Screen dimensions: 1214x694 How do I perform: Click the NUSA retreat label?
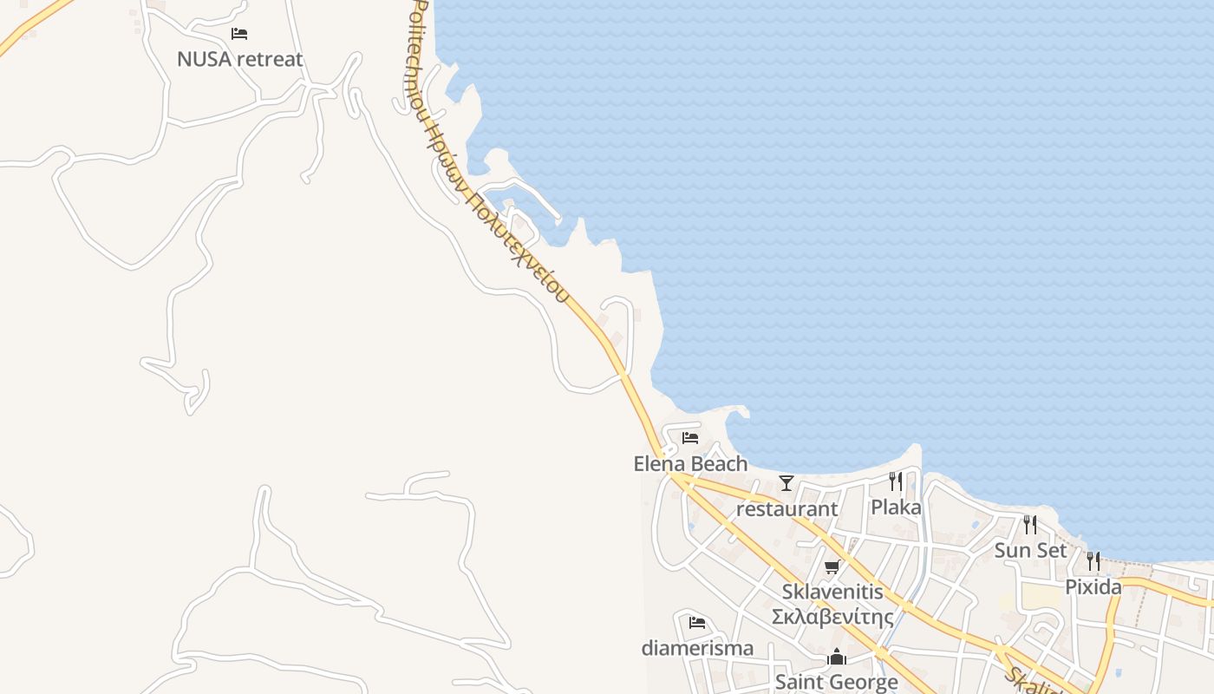240,59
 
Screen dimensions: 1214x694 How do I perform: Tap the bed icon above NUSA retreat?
239,34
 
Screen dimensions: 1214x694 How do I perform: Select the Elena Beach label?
690,463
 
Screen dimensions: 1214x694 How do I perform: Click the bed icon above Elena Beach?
690,437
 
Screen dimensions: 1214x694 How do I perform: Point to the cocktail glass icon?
786,483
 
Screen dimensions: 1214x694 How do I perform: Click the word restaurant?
786,508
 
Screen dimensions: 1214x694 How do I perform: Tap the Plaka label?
896,507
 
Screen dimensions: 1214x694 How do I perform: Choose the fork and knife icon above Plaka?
896,481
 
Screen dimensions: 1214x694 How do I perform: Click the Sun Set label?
1030,550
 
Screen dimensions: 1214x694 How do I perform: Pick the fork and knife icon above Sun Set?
1030,524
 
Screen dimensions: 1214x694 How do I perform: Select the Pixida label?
1093,586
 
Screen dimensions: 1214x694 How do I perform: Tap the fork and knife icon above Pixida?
1093,561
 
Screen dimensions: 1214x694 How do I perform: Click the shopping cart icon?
832,567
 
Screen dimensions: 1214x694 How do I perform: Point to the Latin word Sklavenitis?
832,592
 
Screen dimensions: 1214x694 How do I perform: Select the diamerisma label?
697,648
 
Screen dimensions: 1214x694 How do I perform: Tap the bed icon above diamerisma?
697,623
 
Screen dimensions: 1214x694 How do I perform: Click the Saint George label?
836,682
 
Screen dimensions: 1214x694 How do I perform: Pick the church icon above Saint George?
836,657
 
